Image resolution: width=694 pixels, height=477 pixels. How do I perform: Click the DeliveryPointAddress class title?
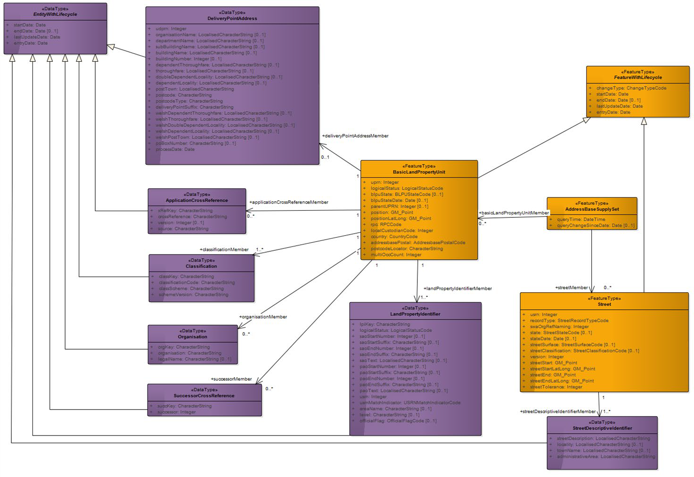click(232, 18)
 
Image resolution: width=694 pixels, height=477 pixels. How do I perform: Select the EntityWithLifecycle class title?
click(55, 14)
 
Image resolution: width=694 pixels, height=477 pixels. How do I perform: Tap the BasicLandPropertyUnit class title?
click(419, 172)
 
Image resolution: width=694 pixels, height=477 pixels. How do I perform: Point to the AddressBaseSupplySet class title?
click(592, 209)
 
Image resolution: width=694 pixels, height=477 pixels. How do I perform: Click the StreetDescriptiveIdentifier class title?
click(602, 428)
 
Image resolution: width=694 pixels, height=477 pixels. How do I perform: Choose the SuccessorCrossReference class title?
click(204, 396)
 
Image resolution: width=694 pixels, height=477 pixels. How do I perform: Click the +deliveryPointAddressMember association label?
click(355, 136)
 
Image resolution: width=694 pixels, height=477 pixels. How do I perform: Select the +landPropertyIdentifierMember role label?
click(457, 288)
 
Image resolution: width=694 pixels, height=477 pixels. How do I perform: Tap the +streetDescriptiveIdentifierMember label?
click(558, 411)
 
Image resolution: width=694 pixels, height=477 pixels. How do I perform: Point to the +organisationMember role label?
click(263, 317)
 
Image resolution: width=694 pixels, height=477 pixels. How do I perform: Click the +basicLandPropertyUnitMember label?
click(514, 213)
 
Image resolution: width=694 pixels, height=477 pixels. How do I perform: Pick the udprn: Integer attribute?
click(171, 29)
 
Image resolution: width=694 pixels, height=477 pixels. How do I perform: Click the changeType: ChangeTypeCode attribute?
click(631, 88)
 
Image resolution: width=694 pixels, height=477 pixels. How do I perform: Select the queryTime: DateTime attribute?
click(581, 219)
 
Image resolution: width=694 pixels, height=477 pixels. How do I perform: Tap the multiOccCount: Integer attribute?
click(396, 255)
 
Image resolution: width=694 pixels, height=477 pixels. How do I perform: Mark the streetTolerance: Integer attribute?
click(556, 387)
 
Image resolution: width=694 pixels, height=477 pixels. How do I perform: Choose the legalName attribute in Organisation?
click(194, 359)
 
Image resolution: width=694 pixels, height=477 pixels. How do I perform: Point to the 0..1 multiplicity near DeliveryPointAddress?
click(325, 157)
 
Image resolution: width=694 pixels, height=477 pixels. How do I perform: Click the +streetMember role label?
click(571, 288)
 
